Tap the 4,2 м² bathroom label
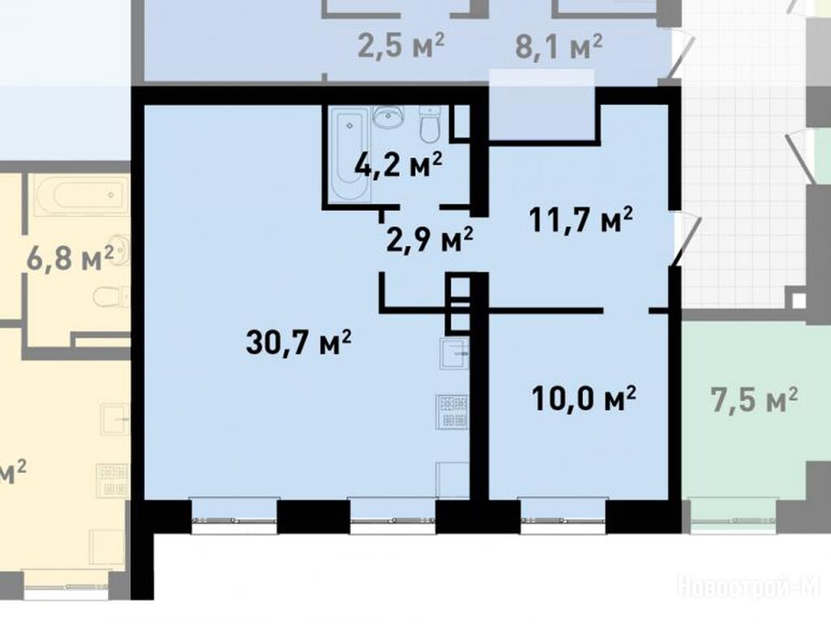tap(399, 165)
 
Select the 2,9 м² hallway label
tap(430, 240)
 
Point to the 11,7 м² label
tap(581, 219)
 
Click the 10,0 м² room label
tap(584, 399)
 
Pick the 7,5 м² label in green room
tap(754, 401)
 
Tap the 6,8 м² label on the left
tap(70, 258)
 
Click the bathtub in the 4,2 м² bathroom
tap(350, 154)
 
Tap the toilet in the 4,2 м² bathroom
tap(430, 124)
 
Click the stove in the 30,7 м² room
tap(452, 412)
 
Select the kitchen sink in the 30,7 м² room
tap(454, 354)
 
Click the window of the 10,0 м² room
tap(562, 516)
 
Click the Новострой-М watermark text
tap(749, 587)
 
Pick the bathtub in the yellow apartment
tap(81, 194)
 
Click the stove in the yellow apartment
tap(112, 480)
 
